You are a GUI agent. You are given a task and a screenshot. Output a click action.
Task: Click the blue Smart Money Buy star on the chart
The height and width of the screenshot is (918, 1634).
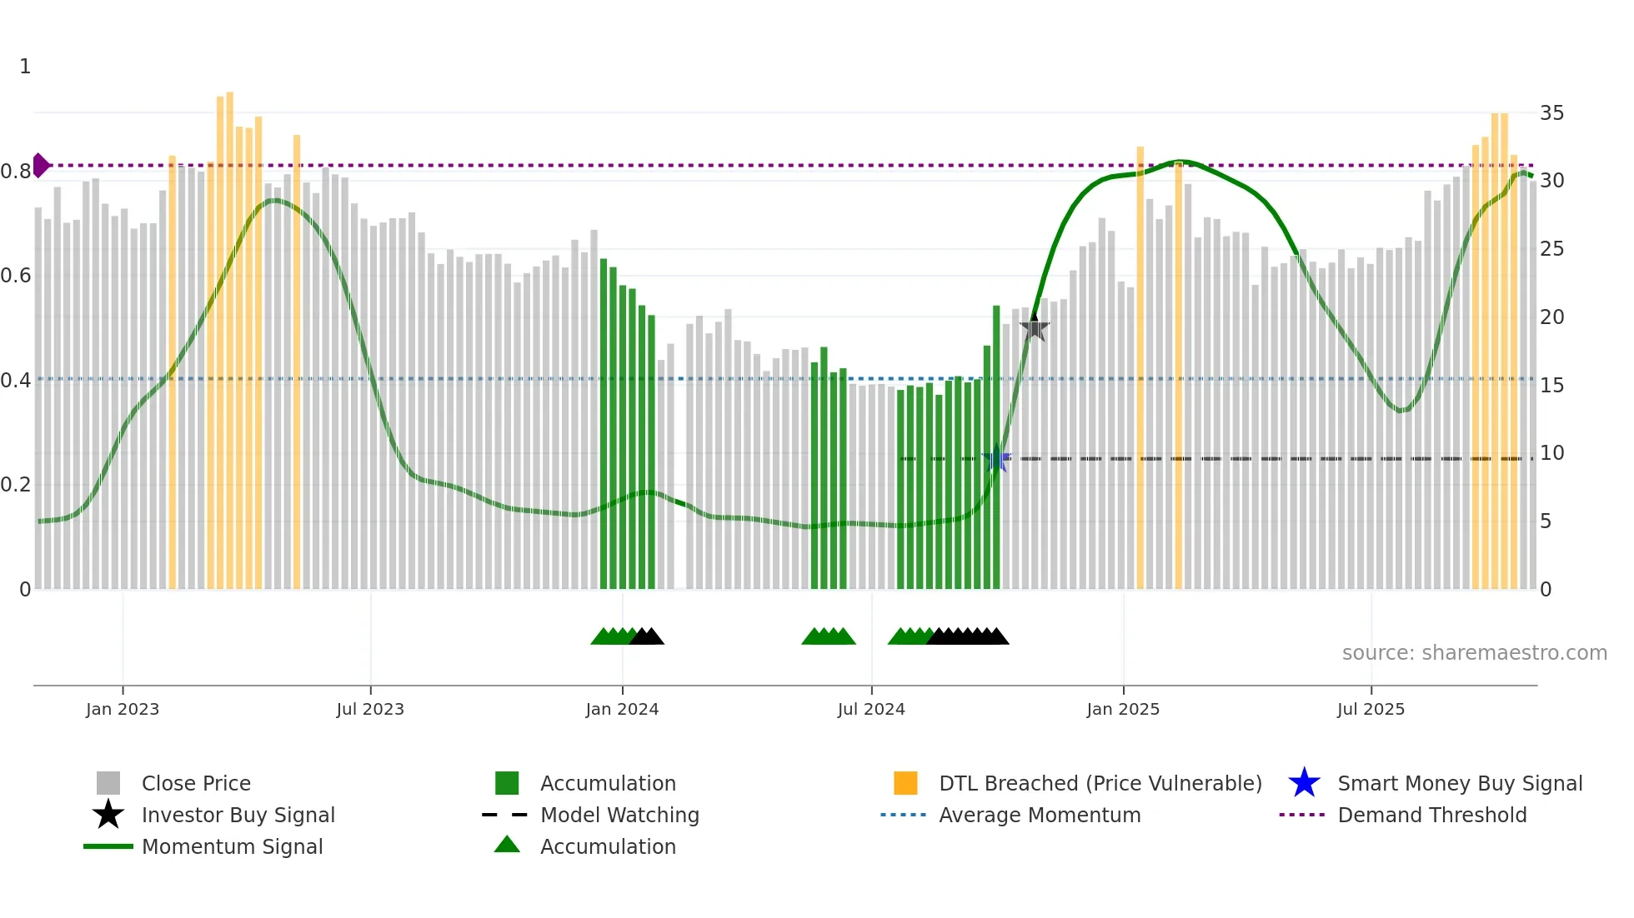pyautogui.click(x=996, y=458)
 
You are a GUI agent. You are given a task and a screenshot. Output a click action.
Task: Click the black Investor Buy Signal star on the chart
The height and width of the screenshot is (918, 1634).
pyautogui.click(x=1035, y=327)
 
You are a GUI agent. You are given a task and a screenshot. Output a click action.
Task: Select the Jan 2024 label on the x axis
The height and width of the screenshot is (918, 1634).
pyautogui.click(x=622, y=709)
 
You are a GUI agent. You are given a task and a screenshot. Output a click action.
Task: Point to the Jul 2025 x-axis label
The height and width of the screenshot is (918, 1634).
pyautogui.click(x=1371, y=709)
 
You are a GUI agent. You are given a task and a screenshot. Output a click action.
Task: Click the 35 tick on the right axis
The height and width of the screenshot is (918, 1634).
pyautogui.click(x=1551, y=112)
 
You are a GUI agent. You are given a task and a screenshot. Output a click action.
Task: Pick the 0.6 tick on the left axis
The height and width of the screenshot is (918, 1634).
pyautogui.click(x=17, y=275)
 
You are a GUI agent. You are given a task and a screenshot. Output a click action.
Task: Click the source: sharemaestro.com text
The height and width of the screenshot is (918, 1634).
pyautogui.click(x=1474, y=652)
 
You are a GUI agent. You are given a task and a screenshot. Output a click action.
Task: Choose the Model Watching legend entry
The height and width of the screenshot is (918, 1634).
pyautogui.click(x=619, y=815)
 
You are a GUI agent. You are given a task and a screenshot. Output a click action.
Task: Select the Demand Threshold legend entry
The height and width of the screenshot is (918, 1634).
pyautogui.click(x=1431, y=815)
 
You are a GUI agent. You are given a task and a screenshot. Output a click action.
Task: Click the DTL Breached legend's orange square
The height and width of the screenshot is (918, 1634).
pyautogui.click(x=905, y=783)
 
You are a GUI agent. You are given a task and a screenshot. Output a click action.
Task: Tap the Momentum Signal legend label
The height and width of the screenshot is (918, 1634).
pyautogui.click(x=232, y=846)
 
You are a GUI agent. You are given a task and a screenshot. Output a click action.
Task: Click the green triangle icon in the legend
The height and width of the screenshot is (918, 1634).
pyautogui.click(x=507, y=845)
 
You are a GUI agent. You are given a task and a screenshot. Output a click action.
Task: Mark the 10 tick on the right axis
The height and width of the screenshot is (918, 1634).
pyautogui.click(x=1551, y=452)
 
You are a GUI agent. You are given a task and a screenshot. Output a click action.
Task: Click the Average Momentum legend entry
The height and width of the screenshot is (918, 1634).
pyautogui.click(x=1039, y=815)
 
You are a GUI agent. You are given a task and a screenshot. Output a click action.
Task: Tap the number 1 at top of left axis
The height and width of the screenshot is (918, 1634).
pyautogui.click(x=25, y=66)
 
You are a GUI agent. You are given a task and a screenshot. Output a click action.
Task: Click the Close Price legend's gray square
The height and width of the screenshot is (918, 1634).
pyautogui.click(x=108, y=783)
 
